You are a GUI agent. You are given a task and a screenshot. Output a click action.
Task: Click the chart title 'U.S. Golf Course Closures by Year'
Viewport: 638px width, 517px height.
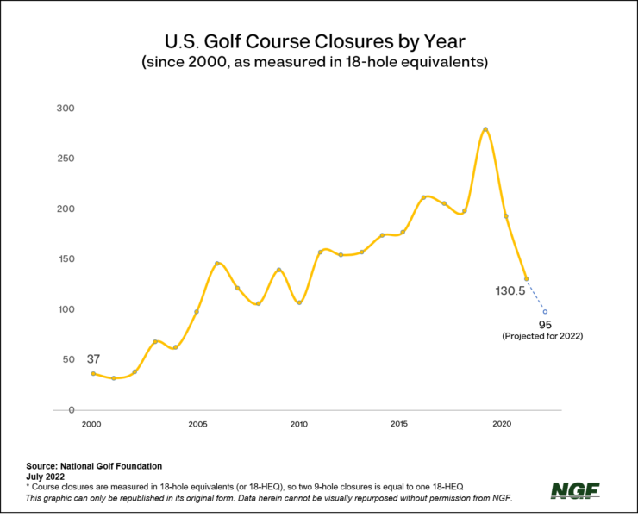tap(319, 40)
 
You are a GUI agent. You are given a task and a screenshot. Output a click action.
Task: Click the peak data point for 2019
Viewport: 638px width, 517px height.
tap(485, 129)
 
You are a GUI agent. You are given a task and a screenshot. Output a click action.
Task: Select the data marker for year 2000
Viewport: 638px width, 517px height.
tap(93, 373)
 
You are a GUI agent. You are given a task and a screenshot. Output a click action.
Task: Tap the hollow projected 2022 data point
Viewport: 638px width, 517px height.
tap(545, 312)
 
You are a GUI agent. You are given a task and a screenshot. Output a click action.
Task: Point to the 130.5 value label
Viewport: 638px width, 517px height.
tap(509, 291)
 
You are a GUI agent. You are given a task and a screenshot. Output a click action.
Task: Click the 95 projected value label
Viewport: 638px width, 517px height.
tap(545, 325)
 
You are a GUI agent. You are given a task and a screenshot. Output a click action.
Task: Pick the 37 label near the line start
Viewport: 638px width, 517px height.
tap(94, 358)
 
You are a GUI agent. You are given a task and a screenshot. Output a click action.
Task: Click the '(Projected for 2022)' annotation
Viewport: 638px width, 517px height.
tap(542, 337)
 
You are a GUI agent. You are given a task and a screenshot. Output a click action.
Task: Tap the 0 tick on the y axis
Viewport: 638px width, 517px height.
tap(72, 410)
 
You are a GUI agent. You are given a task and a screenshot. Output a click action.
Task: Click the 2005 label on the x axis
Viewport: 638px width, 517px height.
tap(197, 424)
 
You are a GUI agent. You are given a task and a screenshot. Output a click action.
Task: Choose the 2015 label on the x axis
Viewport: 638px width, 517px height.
tap(399, 424)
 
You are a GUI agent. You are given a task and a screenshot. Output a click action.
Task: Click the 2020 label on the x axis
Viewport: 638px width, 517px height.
tap(503, 424)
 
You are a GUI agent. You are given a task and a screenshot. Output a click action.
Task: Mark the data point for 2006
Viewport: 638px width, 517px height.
tap(217, 264)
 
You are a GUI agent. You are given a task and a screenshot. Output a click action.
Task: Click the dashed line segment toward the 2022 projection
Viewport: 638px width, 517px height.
tap(536, 296)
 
